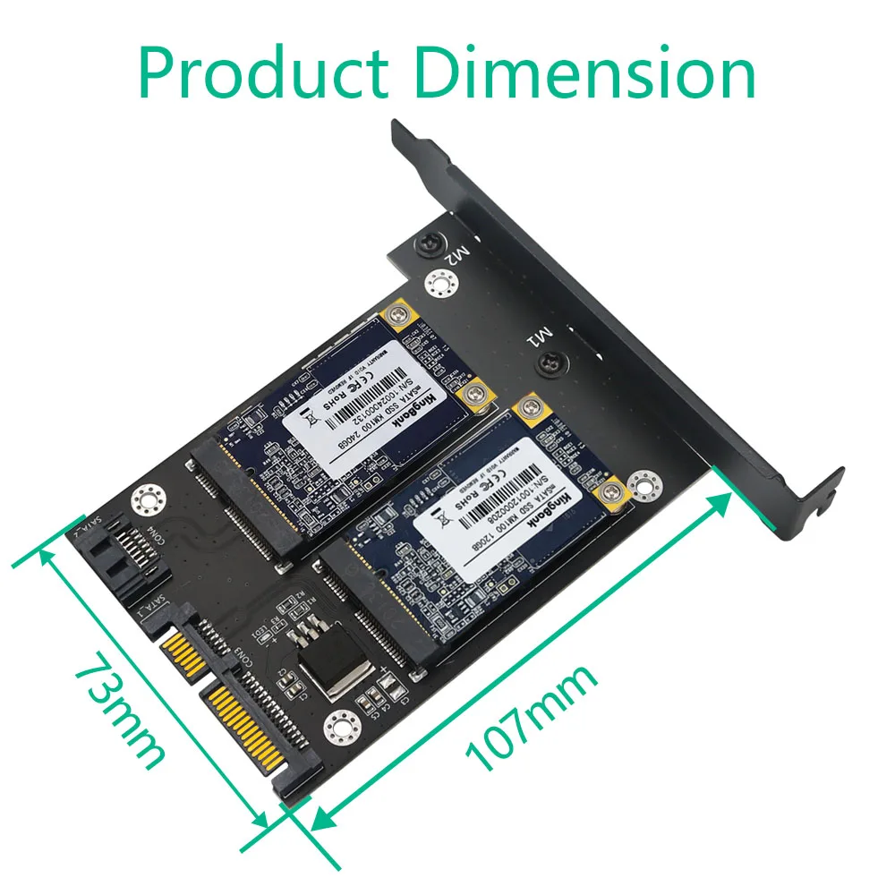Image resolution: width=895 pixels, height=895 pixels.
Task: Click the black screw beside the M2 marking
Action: [x=428, y=243]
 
